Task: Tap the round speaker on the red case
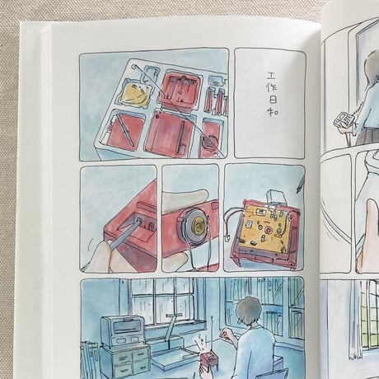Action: (x=196, y=226)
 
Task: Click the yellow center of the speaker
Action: (x=199, y=226)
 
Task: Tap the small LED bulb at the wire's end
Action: (x=227, y=238)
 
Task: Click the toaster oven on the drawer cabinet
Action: (x=123, y=330)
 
